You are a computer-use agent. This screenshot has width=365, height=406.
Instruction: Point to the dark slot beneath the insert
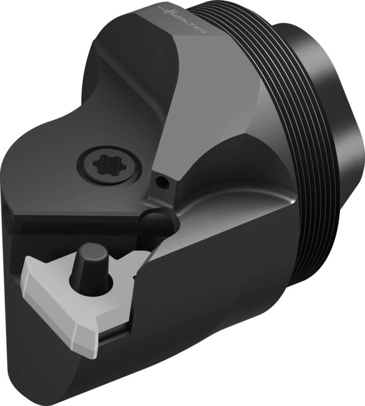pos(115,333)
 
